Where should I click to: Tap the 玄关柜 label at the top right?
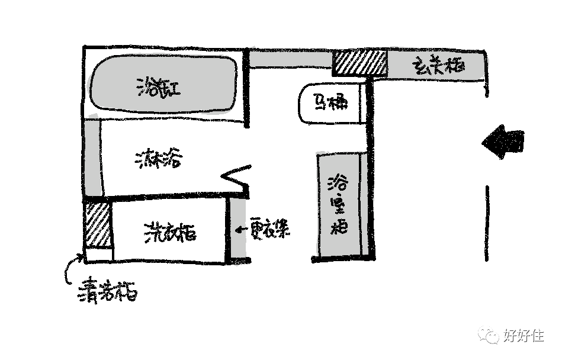tap(438, 65)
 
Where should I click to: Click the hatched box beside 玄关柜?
tap(359, 63)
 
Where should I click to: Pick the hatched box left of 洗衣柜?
tap(97, 225)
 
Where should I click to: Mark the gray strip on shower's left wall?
tap(92, 157)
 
